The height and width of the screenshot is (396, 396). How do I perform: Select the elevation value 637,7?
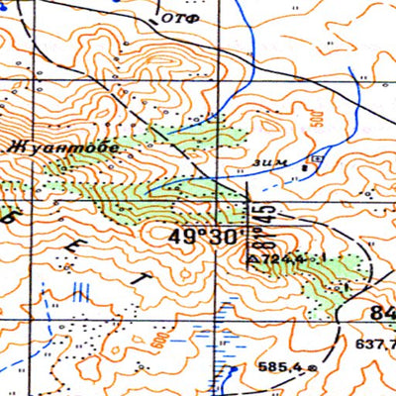click(375, 346)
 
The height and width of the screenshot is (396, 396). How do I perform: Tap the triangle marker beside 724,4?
click(252, 259)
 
